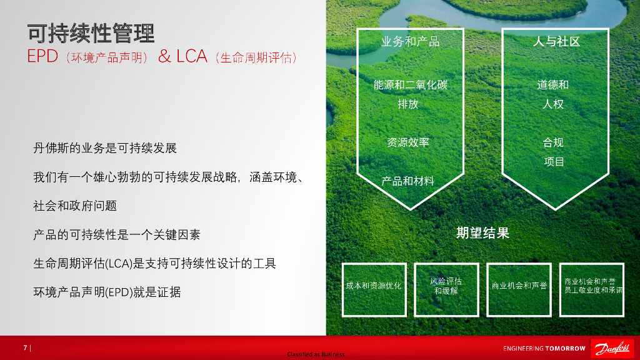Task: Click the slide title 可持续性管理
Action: (91, 33)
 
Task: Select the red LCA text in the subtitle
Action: (192, 57)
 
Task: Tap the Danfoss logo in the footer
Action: (612, 348)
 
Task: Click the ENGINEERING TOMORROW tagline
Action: (544, 349)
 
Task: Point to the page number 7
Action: (26, 348)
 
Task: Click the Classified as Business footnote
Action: (316, 354)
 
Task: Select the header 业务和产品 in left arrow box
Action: (410, 42)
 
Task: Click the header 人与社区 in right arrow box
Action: (556, 42)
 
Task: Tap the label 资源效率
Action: (408, 142)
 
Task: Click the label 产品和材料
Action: (408, 181)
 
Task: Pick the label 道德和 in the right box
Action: (553, 85)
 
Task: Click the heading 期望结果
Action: (482, 233)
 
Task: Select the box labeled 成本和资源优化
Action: (374, 286)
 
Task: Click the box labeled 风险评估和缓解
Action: (446, 286)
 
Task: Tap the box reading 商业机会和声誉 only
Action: (519, 286)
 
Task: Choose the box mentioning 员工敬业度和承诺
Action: (592, 286)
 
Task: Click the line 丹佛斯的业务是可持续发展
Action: (105, 149)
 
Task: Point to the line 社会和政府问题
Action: (75, 206)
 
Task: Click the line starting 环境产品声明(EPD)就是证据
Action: (107, 292)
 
